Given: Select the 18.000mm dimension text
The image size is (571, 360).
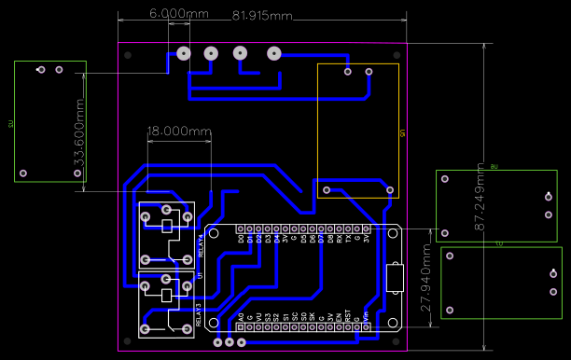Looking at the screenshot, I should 180,132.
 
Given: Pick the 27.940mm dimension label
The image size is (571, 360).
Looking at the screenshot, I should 425,279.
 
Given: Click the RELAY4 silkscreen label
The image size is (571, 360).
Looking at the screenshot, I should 201,245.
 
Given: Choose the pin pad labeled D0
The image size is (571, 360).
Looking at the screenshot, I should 241,228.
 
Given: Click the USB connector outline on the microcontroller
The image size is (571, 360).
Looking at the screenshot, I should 394,278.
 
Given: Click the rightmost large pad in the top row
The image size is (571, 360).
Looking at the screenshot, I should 274,54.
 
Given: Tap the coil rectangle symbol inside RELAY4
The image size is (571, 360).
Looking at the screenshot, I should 167,227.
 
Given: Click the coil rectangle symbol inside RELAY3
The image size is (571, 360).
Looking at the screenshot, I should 167,296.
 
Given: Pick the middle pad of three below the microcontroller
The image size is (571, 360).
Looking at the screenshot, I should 230,342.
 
